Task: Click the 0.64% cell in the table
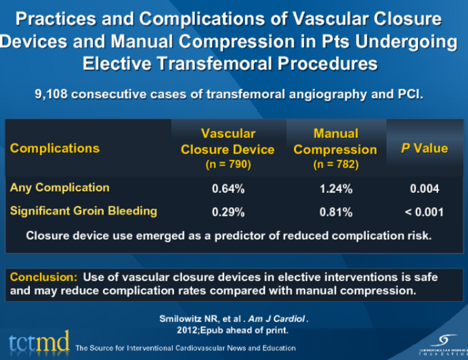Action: click(228, 189)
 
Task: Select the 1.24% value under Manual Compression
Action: click(336, 189)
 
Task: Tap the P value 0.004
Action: click(424, 189)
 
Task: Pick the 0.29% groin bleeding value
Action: click(228, 212)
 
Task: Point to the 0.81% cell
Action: click(336, 212)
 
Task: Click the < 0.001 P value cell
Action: click(424, 212)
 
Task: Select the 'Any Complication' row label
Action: click(60, 187)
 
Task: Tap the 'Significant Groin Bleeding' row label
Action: click(83, 211)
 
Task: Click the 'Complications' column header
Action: click(55, 148)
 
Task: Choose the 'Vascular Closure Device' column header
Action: click(228, 141)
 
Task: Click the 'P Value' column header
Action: click(424, 148)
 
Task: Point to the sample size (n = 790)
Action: click(228, 164)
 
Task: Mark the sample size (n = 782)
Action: click(335, 164)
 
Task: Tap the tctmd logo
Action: click(39, 343)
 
